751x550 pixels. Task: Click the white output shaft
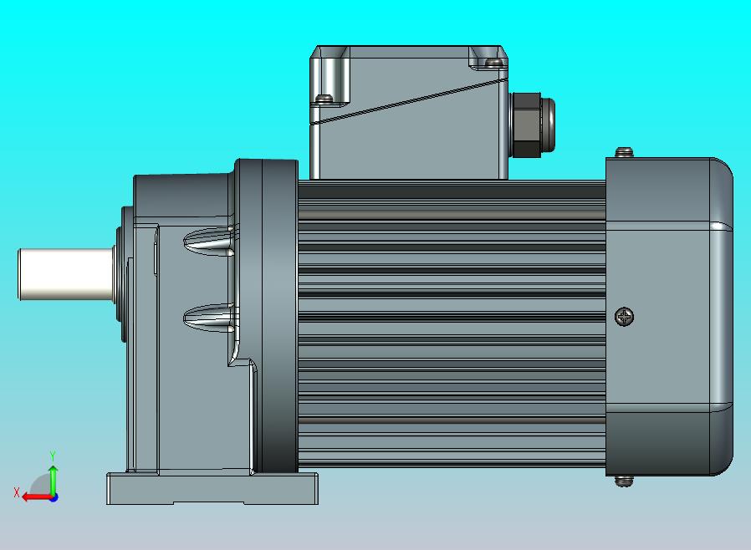coord(65,274)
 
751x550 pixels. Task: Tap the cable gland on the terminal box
coord(532,125)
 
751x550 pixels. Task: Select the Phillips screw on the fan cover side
coord(624,317)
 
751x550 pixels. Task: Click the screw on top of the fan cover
coord(624,152)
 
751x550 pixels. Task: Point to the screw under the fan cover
coord(623,481)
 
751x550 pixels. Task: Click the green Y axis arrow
coord(54,481)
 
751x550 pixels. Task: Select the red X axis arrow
coord(38,497)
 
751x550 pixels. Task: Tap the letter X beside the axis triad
coord(17,492)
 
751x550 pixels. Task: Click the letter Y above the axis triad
coord(53,456)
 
